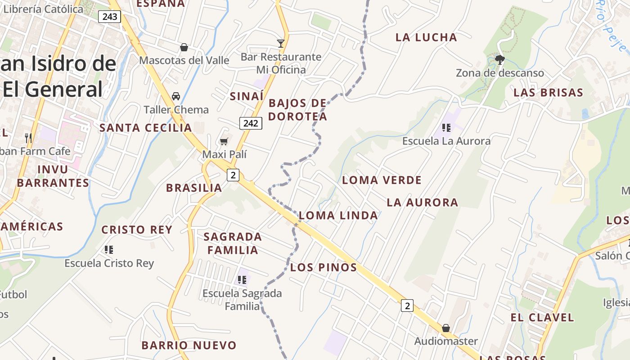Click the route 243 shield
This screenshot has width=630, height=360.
click(x=110, y=17)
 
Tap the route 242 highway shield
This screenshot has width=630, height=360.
click(x=251, y=123)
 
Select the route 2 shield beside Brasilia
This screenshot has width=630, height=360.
click(x=233, y=175)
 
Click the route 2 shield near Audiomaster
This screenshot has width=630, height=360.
click(x=407, y=306)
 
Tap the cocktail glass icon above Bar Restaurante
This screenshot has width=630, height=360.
click(x=281, y=44)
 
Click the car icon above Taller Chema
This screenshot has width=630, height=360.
click(x=176, y=96)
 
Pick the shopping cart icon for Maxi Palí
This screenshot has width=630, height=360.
click(x=224, y=142)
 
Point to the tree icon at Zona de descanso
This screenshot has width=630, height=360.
click(x=499, y=59)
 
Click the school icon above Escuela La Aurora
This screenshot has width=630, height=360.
click(x=446, y=128)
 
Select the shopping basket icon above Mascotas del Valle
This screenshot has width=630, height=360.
click(x=184, y=47)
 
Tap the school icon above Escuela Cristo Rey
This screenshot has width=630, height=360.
click(x=109, y=249)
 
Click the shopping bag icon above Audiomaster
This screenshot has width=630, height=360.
click(x=445, y=328)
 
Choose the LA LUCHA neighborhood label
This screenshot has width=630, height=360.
click(x=426, y=37)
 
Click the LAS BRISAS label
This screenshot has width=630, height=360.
click(x=548, y=93)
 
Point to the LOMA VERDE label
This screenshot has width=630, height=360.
click(x=382, y=180)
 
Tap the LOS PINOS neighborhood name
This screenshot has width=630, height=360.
click(x=324, y=267)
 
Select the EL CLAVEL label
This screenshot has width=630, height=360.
click(x=542, y=317)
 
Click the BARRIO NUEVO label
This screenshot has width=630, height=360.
click(x=189, y=345)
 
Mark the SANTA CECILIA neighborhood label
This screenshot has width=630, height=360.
click(x=145, y=128)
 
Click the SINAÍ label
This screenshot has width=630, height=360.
click(x=247, y=96)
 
